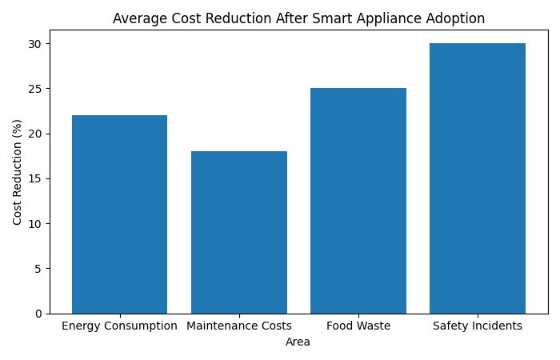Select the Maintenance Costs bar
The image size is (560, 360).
239,232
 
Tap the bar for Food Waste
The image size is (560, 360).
358,201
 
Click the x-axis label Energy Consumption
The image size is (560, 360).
119,326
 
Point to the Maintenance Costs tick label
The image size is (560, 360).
239,326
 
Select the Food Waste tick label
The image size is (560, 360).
358,326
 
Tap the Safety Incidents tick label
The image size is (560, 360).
478,326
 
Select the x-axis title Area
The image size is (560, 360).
298,342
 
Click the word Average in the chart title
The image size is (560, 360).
138,18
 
